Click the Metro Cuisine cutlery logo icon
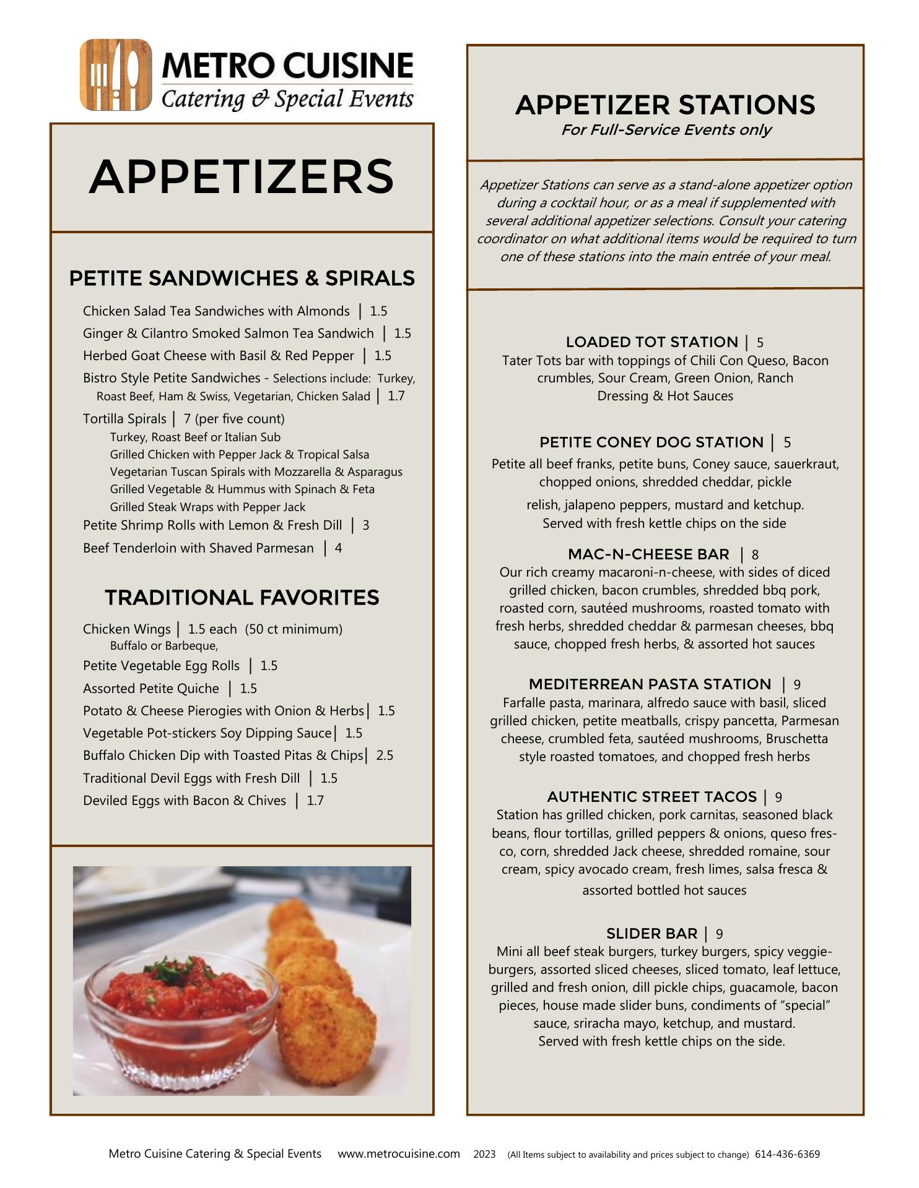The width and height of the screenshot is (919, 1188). (x=115, y=75)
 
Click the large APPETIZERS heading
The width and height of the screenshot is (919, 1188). (x=242, y=177)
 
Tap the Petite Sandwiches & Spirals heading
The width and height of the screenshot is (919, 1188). (x=242, y=278)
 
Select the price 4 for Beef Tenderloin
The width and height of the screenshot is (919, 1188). (x=338, y=548)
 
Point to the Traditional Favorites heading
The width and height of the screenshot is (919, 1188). (x=242, y=598)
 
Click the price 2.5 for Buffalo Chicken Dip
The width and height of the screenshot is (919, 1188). (x=385, y=755)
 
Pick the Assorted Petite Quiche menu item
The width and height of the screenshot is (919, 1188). (x=151, y=689)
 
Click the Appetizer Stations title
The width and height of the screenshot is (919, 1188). (x=665, y=105)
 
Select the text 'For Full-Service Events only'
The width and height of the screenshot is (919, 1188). (x=665, y=130)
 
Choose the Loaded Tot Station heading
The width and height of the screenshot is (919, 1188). (x=651, y=342)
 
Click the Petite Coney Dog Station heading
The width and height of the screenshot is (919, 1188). (x=651, y=442)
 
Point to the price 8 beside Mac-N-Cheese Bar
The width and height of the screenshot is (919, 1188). (x=755, y=555)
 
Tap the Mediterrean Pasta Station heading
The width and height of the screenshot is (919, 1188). (x=650, y=684)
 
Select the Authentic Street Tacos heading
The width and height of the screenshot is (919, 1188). (x=651, y=797)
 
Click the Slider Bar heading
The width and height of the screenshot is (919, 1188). (x=651, y=934)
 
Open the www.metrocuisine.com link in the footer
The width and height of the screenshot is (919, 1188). (x=399, y=1154)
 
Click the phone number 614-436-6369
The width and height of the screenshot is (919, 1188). (x=787, y=1155)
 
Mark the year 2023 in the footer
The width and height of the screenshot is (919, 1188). (x=484, y=1155)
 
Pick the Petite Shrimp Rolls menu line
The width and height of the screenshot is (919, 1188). (x=212, y=525)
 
